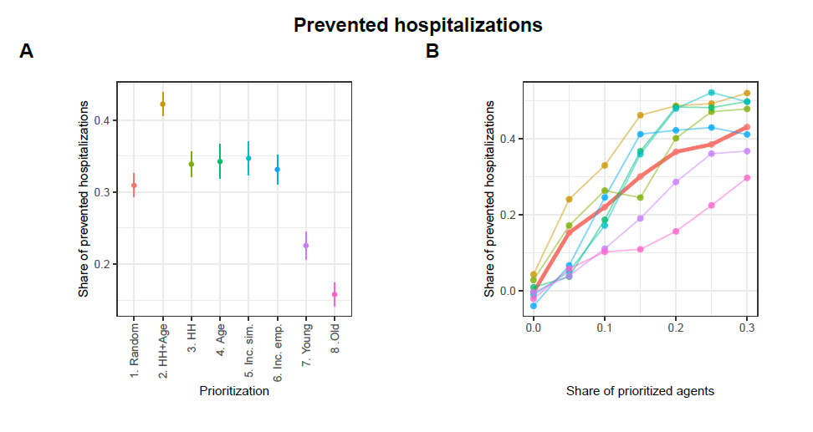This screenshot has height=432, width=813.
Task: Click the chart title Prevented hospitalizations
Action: tap(417, 25)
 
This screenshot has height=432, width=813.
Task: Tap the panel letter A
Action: tap(27, 52)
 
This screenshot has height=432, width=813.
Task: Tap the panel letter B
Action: tap(432, 52)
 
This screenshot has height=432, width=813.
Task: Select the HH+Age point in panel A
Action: tap(162, 104)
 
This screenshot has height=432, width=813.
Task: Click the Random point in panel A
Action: tap(134, 186)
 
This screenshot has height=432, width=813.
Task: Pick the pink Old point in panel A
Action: tap(335, 294)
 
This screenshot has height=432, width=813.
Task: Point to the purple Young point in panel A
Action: tap(306, 246)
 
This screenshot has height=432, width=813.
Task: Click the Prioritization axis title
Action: tap(234, 390)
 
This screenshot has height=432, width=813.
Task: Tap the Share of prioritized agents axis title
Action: tap(640, 390)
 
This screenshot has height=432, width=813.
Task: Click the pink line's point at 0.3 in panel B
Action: tap(747, 178)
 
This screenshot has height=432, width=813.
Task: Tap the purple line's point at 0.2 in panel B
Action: tap(676, 182)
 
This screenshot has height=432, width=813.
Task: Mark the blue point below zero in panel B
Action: tap(534, 306)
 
